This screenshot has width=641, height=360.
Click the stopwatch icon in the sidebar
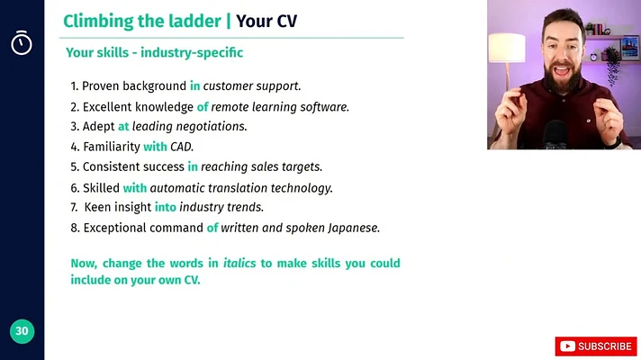coord(22,42)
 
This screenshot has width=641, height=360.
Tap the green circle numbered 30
coord(23,331)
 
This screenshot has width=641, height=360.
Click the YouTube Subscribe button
coord(596,346)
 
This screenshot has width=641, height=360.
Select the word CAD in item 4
coord(181,147)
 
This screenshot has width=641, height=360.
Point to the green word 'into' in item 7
coord(165,207)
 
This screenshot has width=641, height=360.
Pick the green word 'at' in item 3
coord(123,127)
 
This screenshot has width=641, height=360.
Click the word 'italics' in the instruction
coord(239,263)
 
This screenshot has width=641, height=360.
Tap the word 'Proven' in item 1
coord(101,85)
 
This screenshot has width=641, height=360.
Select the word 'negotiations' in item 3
coord(211,127)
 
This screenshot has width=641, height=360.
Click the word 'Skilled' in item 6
coord(102,187)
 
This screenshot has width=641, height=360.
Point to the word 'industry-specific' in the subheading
coord(192,53)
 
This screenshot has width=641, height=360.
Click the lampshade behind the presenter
coord(507,48)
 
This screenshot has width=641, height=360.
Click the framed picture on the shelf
coord(629,47)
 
